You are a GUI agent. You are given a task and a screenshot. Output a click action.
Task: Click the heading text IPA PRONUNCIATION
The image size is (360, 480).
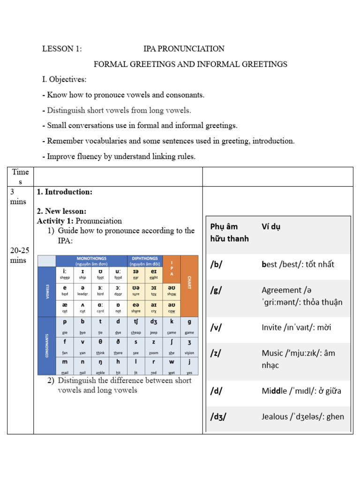tap(184, 49)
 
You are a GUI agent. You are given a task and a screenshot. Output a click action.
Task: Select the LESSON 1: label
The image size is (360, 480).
tap(62, 49)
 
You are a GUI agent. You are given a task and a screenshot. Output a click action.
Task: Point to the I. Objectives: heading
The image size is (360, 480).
tap(64, 80)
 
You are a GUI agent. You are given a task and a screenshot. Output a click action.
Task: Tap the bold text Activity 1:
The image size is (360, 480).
tap(55, 221)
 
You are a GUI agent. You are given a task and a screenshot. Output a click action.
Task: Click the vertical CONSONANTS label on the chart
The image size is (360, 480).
tap(46, 345)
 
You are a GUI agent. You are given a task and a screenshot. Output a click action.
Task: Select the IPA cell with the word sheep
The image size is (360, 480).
tap(65, 273)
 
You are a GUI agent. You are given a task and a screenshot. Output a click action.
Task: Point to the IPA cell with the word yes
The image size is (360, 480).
tap(189, 365)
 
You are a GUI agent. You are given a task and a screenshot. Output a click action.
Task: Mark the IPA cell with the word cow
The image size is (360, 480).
tap(172, 307)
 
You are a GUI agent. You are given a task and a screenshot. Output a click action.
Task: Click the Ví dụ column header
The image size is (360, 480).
tap(271, 227)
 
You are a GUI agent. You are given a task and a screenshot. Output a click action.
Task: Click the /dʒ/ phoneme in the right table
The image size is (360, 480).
tap(218, 416)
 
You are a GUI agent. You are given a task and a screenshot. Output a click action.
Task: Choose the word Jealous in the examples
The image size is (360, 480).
tap(276, 416)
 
